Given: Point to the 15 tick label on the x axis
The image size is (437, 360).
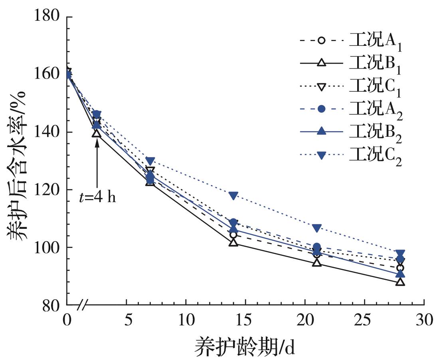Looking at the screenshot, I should [x=245, y=320].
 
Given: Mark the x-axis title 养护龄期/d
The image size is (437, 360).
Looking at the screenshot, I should [x=245, y=345].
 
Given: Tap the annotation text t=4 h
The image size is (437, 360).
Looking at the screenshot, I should [x=97, y=197].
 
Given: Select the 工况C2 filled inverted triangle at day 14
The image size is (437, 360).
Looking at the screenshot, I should [x=233, y=196].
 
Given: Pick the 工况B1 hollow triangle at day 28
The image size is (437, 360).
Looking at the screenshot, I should [x=400, y=282].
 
